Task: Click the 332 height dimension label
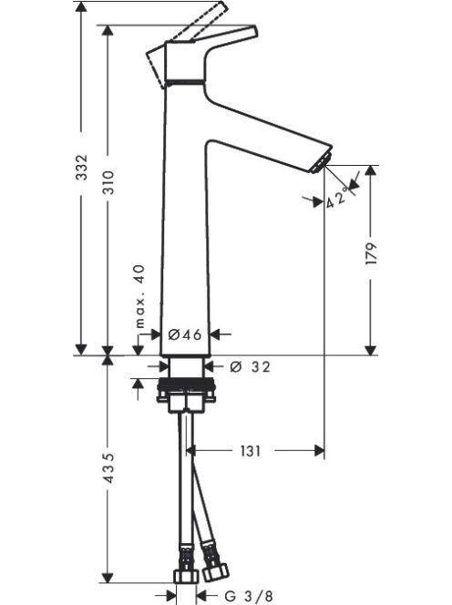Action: click(82, 167)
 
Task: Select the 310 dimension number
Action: click(108, 181)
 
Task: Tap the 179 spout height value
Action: click(371, 253)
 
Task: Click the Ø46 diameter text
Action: click(185, 334)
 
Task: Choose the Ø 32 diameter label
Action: click(250, 366)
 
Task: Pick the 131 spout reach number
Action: click(251, 451)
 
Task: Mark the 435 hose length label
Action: click(108, 467)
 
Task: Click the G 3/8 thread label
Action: click(248, 596)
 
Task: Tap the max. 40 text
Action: click(140, 296)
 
